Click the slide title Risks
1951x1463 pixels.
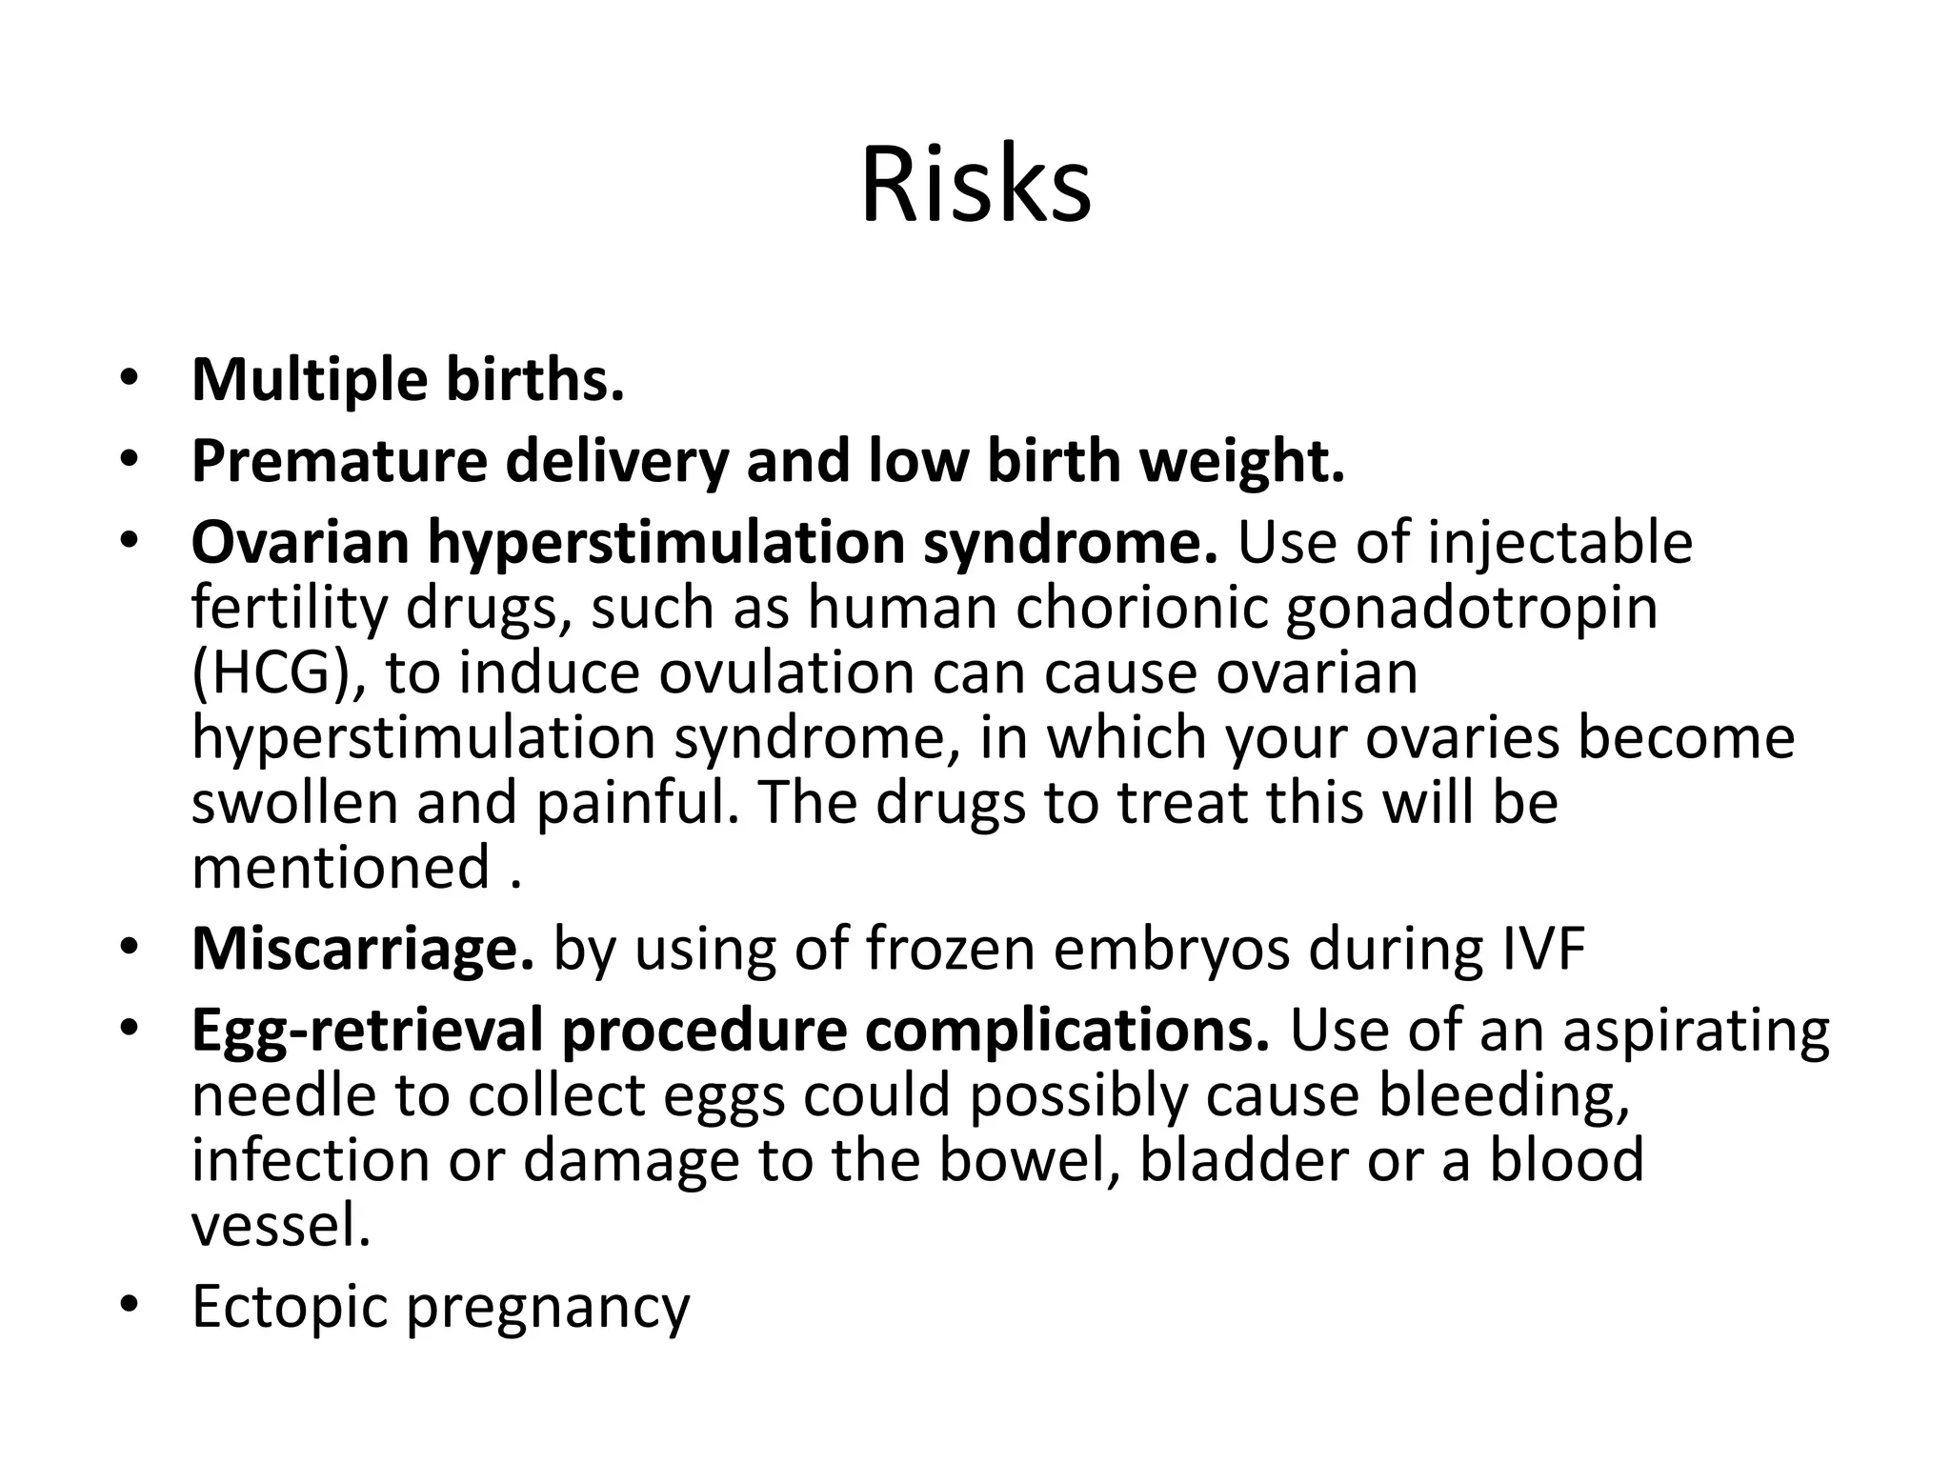[x=975, y=185]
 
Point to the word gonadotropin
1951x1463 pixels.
[x=1471, y=610]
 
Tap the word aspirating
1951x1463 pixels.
[x=1696, y=1032]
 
